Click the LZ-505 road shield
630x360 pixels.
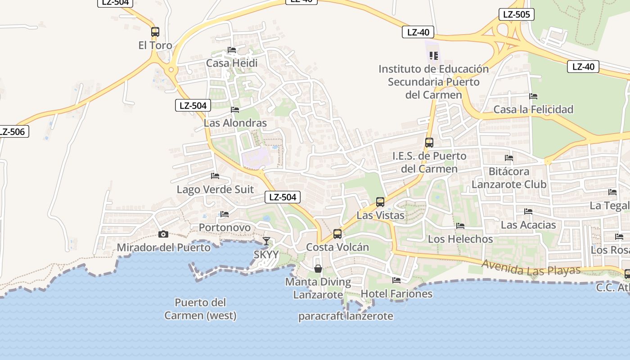[x=516, y=14]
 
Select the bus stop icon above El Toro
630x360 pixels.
[x=155, y=32]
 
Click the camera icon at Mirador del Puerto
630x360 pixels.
[x=163, y=234]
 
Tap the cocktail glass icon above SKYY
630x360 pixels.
[x=266, y=241]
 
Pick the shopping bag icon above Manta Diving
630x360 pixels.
[x=318, y=269]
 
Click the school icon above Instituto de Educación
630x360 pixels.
[x=434, y=56]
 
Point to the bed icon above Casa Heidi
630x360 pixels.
[x=232, y=50]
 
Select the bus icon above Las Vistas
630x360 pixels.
[x=380, y=202]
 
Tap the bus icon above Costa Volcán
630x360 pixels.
[x=337, y=234]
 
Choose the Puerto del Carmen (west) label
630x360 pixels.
[x=200, y=309]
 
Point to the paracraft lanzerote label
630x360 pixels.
[x=346, y=316]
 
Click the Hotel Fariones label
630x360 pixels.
[x=396, y=294]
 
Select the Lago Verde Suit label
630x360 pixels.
[x=215, y=189]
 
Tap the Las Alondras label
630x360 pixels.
[x=235, y=123]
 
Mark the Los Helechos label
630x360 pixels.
[x=460, y=239]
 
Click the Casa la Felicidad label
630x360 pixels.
[x=533, y=109]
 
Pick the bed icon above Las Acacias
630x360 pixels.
[x=528, y=211]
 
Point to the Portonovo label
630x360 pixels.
[x=225, y=228]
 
